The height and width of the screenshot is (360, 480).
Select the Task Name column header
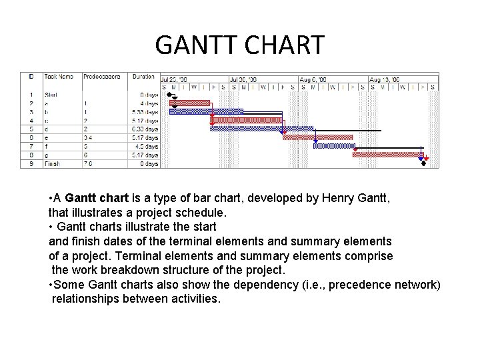[59, 77]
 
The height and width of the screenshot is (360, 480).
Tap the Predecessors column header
[101, 77]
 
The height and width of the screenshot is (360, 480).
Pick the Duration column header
[143, 77]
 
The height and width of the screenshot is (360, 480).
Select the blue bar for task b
[206, 111]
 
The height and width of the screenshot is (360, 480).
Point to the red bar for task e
[317, 137]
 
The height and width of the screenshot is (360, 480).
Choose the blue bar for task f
[335, 145]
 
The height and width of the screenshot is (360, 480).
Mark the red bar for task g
[387, 154]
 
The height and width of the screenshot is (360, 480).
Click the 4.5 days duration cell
[147, 146]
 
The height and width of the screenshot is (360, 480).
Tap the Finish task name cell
[52, 163]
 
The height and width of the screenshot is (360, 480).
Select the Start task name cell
[51, 95]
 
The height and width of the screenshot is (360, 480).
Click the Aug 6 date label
[313, 79]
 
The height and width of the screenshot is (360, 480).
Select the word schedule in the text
[201, 213]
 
